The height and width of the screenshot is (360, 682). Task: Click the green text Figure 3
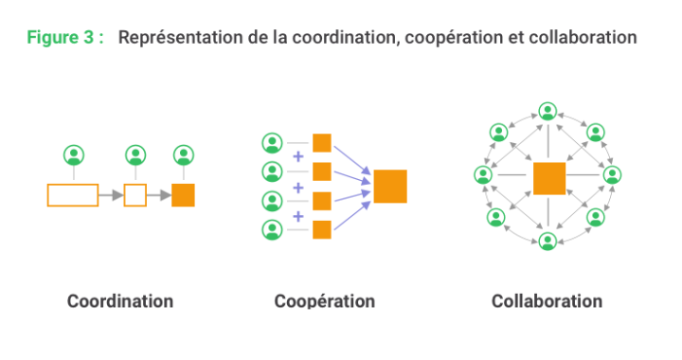pyautogui.click(x=64, y=38)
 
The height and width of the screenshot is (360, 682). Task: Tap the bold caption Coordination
pyautogui.click(x=120, y=301)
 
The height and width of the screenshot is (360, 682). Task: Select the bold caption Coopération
pyautogui.click(x=325, y=301)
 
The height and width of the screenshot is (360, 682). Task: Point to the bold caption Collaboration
pyautogui.click(x=547, y=301)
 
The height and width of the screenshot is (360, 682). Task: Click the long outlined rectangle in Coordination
pyautogui.click(x=73, y=195)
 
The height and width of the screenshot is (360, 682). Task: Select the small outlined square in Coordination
pyautogui.click(x=135, y=195)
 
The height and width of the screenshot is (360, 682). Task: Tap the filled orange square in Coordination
pyautogui.click(x=184, y=195)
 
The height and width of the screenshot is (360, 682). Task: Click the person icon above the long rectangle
pyautogui.click(x=73, y=154)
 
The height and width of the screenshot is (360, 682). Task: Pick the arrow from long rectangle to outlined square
pyautogui.click(x=111, y=195)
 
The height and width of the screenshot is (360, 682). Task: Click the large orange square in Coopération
pyautogui.click(x=390, y=186)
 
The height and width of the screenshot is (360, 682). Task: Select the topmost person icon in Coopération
pyautogui.click(x=272, y=143)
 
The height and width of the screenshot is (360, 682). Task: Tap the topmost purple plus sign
pyautogui.click(x=298, y=157)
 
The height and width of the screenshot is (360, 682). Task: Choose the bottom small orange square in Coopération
pyautogui.click(x=322, y=228)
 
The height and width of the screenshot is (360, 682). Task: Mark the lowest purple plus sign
pyautogui.click(x=298, y=215)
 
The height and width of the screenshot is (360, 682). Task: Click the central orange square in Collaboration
pyautogui.click(x=548, y=178)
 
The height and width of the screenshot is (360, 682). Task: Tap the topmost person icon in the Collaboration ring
pyautogui.click(x=547, y=110)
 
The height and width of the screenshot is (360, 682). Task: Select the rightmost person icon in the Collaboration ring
pyautogui.click(x=612, y=175)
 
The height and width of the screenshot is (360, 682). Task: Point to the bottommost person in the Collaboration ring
pyautogui.click(x=547, y=242)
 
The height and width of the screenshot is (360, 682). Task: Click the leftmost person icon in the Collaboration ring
pyautogui.click(x=483, y=175)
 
